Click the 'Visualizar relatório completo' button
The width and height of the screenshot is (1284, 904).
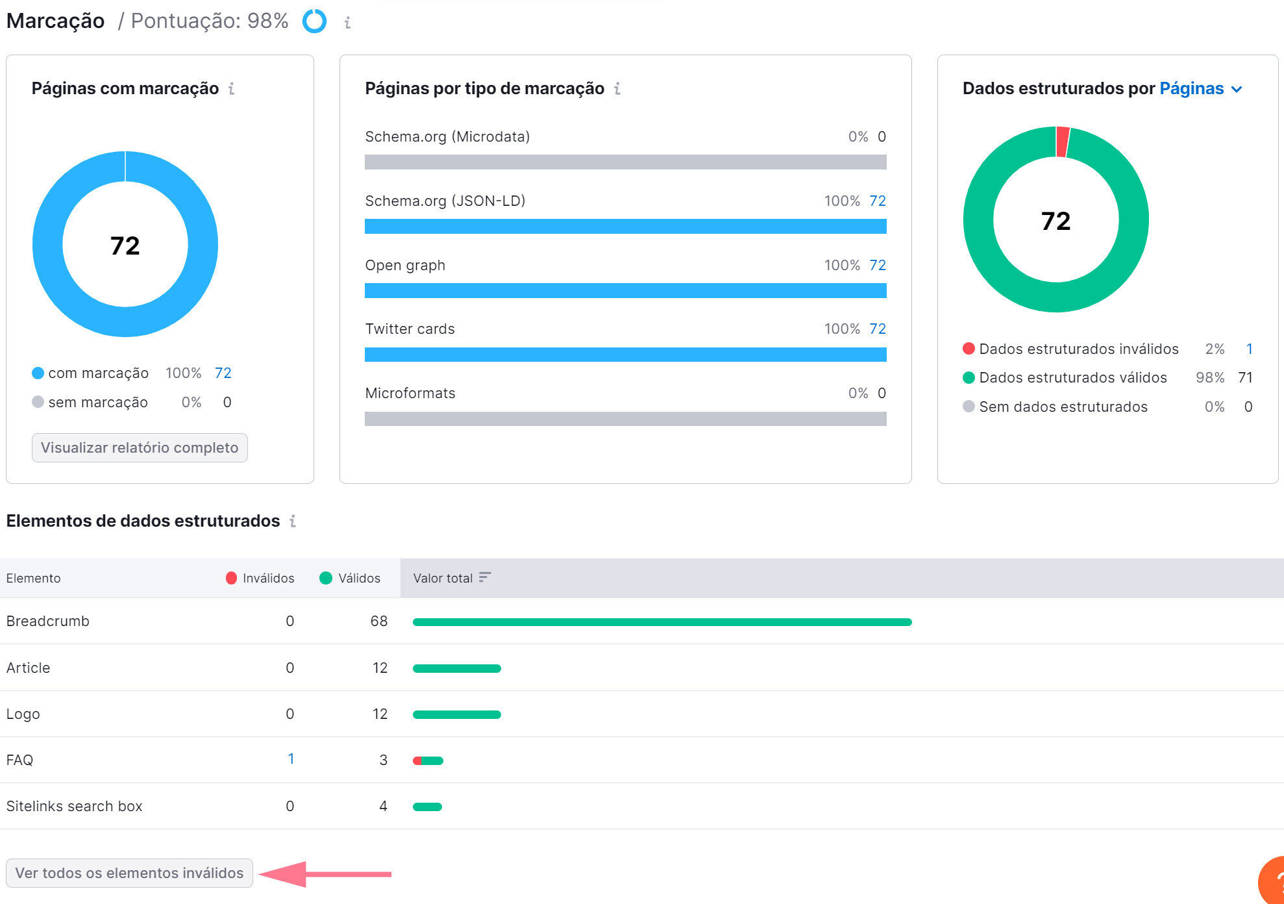coord(140,448)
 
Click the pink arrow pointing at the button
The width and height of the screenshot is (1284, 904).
coord(325,874)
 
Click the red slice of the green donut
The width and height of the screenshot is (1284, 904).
coord(1062,142)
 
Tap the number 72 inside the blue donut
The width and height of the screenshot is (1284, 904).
coord(125,245)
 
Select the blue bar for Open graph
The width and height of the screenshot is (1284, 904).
coord(625,291)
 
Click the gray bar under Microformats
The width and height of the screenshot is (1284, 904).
coord(625,419)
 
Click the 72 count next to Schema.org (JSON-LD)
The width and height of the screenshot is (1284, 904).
coord(877,201)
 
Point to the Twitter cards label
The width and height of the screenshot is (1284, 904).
coord(410,329)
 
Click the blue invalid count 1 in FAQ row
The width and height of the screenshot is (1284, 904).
coord(291,759)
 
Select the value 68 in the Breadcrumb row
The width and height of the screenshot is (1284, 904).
coord(378,621)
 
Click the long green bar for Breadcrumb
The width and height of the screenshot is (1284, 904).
coord(662,622)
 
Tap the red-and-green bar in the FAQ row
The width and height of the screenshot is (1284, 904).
coord(428,760)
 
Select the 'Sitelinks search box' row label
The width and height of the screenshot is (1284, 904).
coord(74,807)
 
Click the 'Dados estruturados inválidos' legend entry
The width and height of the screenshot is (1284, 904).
coord(1078,349)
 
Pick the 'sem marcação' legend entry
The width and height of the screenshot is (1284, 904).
coord(97,403)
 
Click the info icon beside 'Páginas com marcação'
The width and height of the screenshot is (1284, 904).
coord(231,89)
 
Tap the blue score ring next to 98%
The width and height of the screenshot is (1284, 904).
coord(314,21)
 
